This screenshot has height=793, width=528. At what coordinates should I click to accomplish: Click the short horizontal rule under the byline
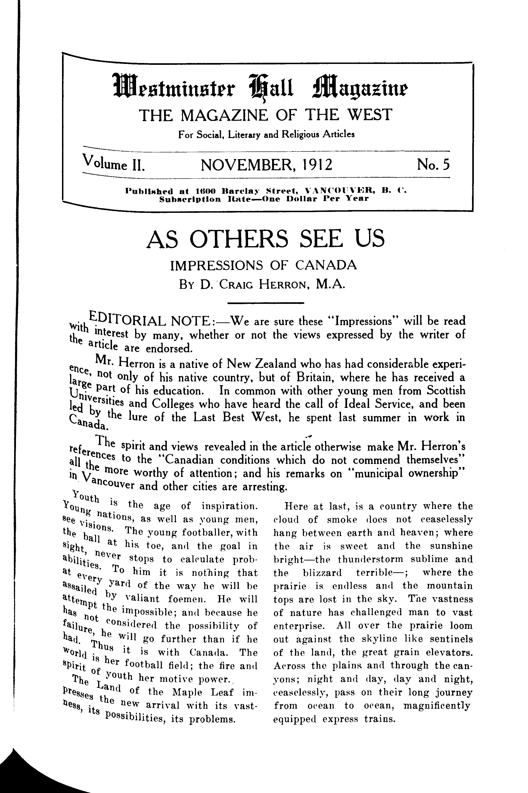266,303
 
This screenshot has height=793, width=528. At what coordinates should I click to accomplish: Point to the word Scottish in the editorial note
445,391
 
